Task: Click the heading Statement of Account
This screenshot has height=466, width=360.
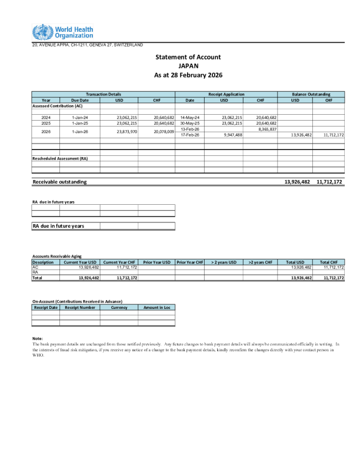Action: pos(188,57)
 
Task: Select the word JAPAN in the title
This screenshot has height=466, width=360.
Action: pos(188,66)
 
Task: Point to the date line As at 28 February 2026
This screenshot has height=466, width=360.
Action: pos(188,76)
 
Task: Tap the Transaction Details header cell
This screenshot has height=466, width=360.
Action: pos(103,94)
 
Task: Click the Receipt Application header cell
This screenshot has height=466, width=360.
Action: pos(226,94)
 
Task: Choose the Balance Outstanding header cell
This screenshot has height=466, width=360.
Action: pos(311,94)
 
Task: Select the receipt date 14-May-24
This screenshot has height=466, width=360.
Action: pos(189,118)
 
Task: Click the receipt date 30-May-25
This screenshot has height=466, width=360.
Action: pos(189,124)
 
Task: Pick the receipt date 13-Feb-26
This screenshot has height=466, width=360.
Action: pos(189,129)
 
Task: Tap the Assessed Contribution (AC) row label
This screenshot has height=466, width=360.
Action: pos(57,106)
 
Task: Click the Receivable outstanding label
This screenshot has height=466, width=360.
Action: pos(59,182)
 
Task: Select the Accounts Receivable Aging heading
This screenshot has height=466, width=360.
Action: pos(56,257)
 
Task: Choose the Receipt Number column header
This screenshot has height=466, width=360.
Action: pos(80,307)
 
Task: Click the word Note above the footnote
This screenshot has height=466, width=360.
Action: pos(38,338)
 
